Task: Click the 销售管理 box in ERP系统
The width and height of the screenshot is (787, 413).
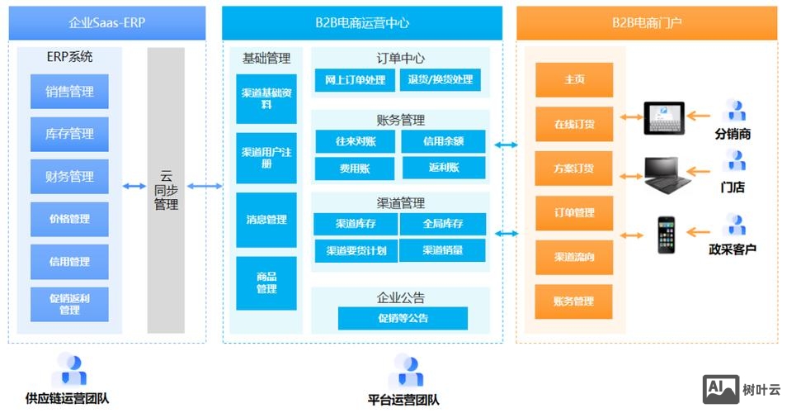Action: pyautogui.click(x=69, y=92)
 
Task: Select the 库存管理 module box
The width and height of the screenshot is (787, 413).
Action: pyautogui.click(x=69, y=134)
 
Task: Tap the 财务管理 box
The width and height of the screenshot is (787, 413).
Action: pyautogui.click(x=69, y=177)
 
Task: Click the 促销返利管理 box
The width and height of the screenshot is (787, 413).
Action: pyautogui.click(x=69, y=304)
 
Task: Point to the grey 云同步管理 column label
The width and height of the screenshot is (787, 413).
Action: pyautogui.click(x=166, y=191)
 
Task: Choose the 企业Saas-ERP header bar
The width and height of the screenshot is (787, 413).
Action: pyautogui.click(x=106, y=23)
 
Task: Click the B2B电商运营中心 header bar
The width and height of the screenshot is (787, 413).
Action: pyautogui.click(x=361, y=23)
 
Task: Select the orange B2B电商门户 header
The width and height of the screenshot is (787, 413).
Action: pyautogui.click(x=646, y=23)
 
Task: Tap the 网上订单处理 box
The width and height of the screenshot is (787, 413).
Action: pyautogui.click(x=355, y=80)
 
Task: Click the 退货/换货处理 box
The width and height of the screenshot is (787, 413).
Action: pyautogui.click(x=441, y=80)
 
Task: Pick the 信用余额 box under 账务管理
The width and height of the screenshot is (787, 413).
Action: pyautogui.click(x=443, y=141)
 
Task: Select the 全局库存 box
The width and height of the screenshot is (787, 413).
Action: pyautogui.click(x=443, y=224)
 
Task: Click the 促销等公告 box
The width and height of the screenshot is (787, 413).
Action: pyautogui.click(x=403, y=318)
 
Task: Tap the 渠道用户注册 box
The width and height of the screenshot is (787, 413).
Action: pyautogui.click(x=266, y=159)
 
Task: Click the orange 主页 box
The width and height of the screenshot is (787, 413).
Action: pyautogui.click(x=574, y=80)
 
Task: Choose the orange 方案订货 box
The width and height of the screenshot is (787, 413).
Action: pyautogui.click(x=574, y=169)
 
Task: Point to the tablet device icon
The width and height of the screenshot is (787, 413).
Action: pyautogui.click(x=665, y=117)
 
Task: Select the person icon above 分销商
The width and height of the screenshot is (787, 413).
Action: pyautogui.click(x=733, y=111)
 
